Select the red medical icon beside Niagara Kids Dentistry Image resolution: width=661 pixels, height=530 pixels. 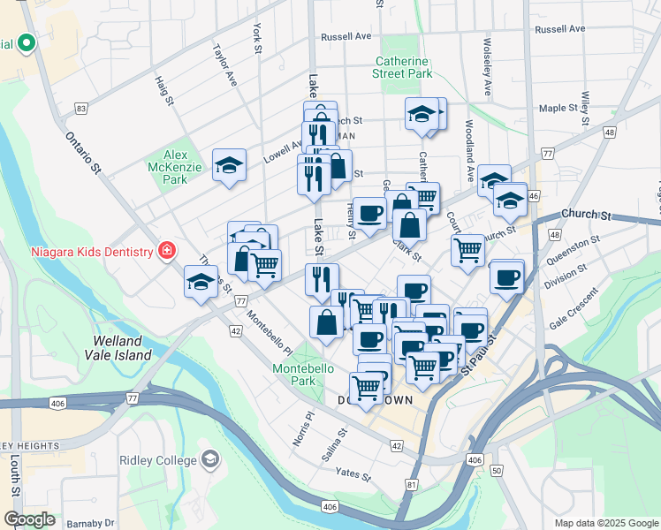click(165, 251)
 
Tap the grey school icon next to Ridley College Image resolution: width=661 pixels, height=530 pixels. click(210, 460)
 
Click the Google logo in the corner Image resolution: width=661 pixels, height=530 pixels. click(28, 520)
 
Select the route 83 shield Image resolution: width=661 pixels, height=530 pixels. click(81, 109)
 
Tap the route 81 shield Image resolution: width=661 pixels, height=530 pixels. click(411, 484)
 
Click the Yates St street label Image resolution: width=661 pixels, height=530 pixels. click(353, 474)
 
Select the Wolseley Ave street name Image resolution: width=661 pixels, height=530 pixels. click(487, 67)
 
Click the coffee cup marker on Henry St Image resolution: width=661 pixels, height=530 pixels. click(370, 213)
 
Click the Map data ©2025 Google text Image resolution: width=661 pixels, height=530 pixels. click(605, 522)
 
